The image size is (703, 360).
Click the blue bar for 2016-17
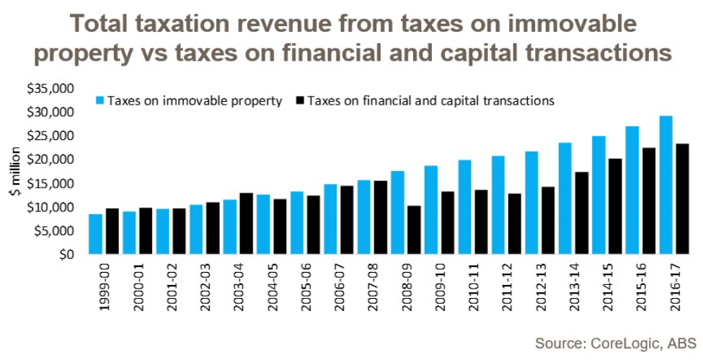tap(666, 185)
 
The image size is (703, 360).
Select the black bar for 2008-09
tap(414, 230)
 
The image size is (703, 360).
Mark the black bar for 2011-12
tap(515, 224)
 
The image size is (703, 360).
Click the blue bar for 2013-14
tap(565, 198)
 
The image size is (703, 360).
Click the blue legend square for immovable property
tap(100, 101)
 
